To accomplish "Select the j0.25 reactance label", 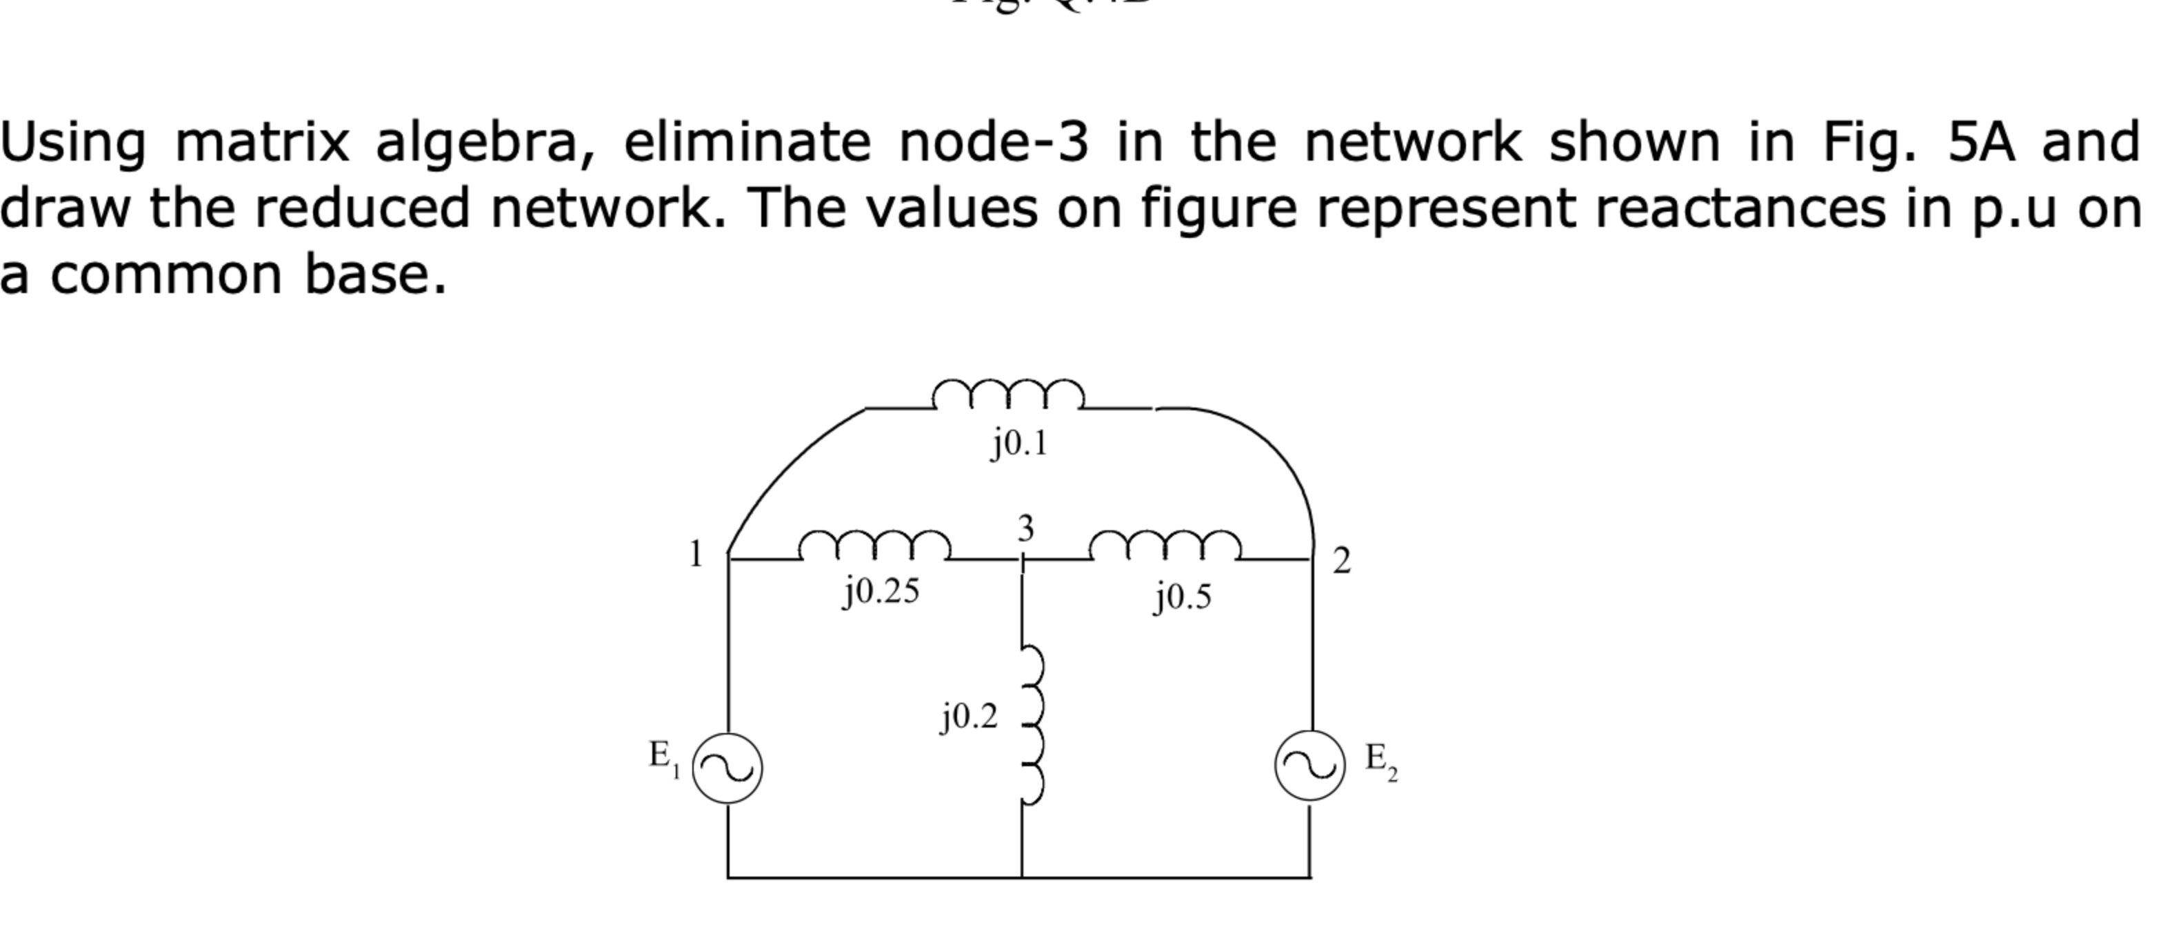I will click(881, 592).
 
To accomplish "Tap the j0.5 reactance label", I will click(1183, 597).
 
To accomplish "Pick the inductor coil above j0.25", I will click(875, 546).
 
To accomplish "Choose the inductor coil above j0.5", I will click(1165, 546).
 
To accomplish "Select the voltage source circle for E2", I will click(1310, 765).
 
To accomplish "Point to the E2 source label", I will click(1380, 760).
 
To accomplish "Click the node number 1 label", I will click(695, 555).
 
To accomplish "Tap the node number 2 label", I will click(1341, 560).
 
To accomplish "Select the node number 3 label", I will click(1025, 528).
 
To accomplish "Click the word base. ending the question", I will click(375, 275).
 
